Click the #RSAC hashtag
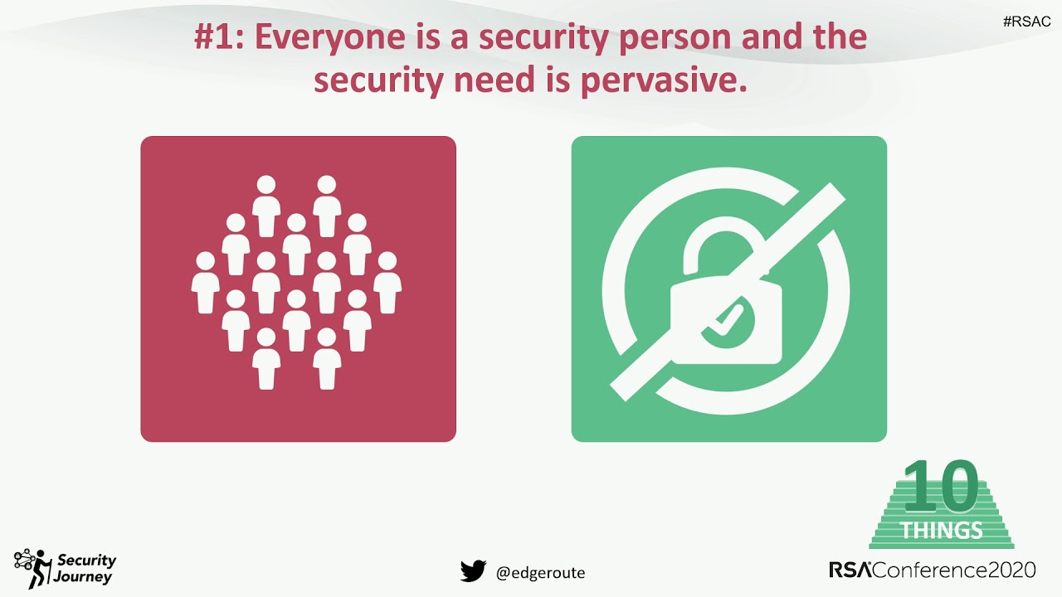tap(1026, 22)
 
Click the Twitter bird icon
tap(473, 571)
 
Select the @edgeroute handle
tap(540, 572)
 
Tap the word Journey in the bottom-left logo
tap(83, 577)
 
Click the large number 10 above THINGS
tap(941, 488)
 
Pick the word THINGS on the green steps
tap(942, 530)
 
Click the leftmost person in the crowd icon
tap(206, 284)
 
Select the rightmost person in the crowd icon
tap(387, 284)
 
